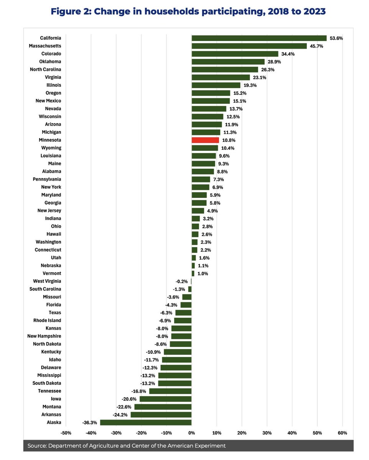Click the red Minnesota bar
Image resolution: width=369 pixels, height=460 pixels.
(205, 140)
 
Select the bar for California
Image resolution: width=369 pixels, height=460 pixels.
(259, 38)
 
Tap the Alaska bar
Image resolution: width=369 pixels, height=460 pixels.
(146, 422)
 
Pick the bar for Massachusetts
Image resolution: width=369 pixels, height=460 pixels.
(249, 46)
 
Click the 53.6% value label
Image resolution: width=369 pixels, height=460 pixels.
(336, 38)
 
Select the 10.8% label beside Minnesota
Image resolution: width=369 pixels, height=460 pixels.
(229, 140)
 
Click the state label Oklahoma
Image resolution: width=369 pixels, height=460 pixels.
(50, 62)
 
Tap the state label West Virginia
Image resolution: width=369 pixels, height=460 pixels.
(47, 281)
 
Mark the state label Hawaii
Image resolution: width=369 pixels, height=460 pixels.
(53, 234)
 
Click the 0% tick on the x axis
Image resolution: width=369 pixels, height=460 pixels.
(191, 433)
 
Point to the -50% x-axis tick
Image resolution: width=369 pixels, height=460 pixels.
(66, 433)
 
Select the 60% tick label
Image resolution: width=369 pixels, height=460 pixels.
(342, 433)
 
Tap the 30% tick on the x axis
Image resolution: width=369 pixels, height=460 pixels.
(267, 433)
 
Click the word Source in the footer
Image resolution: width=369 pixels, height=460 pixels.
(36, 446)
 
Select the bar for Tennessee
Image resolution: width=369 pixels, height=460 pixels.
(170, 391)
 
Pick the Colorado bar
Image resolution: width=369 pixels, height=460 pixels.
(235, 54)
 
